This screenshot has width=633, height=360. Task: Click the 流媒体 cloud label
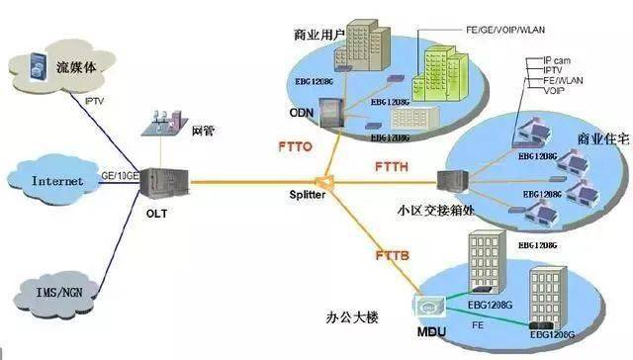coord(77,68)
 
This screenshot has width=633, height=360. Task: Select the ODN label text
coord(301,112)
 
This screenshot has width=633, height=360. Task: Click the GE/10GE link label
coord(121,175)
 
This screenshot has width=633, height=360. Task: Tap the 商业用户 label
coord(318,36)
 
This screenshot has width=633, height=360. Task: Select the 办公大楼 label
coord(353,318)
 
